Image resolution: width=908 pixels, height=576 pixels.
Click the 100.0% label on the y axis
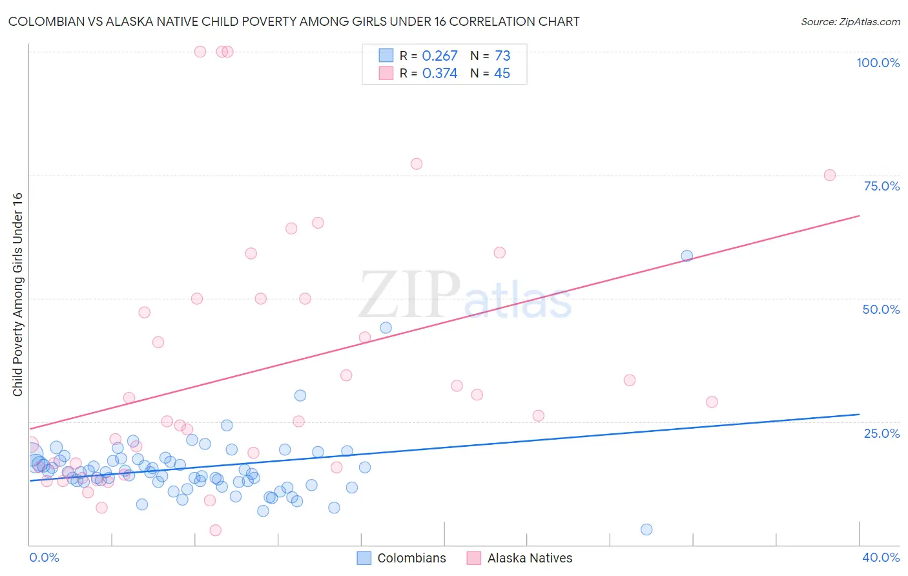(878, 63)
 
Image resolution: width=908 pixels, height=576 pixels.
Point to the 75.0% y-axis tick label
(882, 186)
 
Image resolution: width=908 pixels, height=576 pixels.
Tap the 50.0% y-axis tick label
(881, 309)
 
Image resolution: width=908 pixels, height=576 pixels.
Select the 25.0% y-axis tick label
(882, 433)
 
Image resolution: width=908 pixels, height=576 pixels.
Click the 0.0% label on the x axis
(44, 557)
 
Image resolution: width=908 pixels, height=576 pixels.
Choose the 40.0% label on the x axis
(881, 557)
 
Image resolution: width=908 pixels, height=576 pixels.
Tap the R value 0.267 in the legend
(439, 56)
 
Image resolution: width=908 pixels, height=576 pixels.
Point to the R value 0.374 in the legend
(439, 74)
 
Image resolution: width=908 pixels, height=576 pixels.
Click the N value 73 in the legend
(502, 56)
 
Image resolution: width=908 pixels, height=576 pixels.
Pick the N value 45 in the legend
(502, 74)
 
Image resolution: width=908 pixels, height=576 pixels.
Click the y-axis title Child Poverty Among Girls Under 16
(17, 294)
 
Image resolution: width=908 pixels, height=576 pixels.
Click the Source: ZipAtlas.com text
(850, 22)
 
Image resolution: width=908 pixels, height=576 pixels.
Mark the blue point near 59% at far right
(686, 256)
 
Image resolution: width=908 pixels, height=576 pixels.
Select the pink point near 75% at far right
(830, 175)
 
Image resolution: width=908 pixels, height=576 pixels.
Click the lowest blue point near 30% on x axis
(646, 530)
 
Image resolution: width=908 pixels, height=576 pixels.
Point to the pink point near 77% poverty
(417, 164)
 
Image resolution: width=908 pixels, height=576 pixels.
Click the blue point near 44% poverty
(386, 327)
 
